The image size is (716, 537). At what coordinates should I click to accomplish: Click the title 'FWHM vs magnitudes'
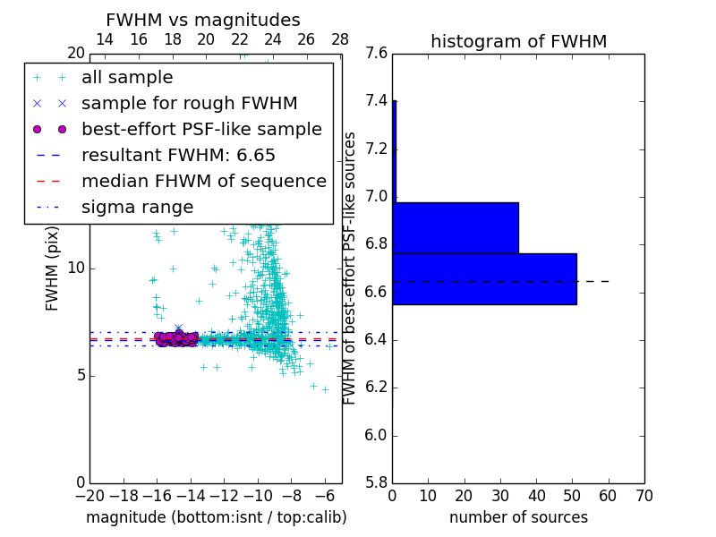pyautogui.click(x=203, y=21)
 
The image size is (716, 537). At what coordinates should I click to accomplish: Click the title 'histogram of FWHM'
pyautogui.click(x=518, y=41)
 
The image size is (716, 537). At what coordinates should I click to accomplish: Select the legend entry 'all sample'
pyautogui.click(x=127, y=78)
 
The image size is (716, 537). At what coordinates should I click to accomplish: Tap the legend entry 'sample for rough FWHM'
pyautogui.click(x=189, y=104)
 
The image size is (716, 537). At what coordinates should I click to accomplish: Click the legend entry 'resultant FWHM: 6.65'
pyautogui.click(x=178, y=155)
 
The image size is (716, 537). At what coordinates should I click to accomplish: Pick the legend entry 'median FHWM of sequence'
pyautogui.click(x=203, y=181)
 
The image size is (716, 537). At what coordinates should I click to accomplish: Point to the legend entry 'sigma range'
pyautogui.click(x=137, y=207)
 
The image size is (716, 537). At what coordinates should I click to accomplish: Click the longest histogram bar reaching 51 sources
pyautogui.click(x=484, y=279)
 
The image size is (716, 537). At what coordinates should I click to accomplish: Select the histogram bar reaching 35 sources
pyautogui.click(x=456, y=228)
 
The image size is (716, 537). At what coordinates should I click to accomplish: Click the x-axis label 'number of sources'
pyautogui.click(x=518, y=517)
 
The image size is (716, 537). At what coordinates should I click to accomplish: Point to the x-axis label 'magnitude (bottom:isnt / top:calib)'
pyautogui.click(x=216, y=517)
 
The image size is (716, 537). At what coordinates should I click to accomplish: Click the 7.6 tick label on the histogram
pyautogui.click(x=376, y=54)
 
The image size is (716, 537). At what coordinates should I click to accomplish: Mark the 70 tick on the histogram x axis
pyautogui.click(x=644, y=496)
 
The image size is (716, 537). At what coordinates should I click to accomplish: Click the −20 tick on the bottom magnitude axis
pyautogui.click(x=89, y=496)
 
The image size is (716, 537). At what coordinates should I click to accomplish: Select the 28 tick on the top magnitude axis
pyautogui.click(x=340, y=39)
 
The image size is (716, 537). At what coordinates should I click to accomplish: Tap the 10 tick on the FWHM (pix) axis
pyautogui.click(x=76, y=268)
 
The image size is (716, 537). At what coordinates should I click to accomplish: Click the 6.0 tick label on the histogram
pyautogui.click(x=376, y=436)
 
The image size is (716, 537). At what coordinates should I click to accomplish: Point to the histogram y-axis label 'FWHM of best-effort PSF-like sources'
pyautogui.click(x=351, y=268)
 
